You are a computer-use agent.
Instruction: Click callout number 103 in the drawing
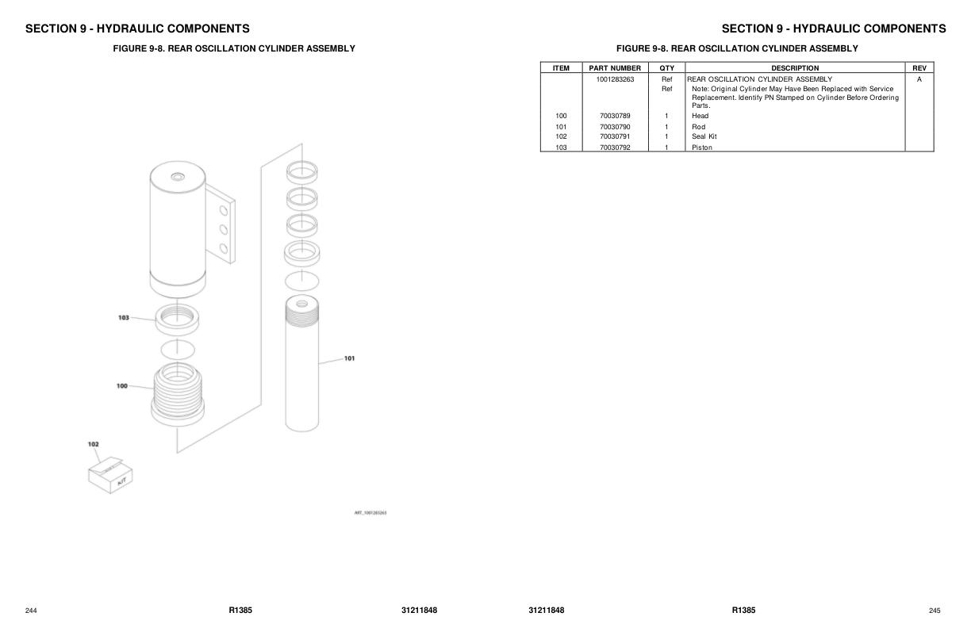(x=123, y=317)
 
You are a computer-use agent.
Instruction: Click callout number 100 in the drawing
(x=121, y=386)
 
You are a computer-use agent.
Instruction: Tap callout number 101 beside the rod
(x=349, y=358)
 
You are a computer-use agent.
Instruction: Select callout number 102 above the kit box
(x=93, y=445)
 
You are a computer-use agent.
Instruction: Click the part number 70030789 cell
(x=615, y=116)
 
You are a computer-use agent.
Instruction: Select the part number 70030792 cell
(x=615, y=147)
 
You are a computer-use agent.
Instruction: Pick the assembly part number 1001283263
(x=615, y=79)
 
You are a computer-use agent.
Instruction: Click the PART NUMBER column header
(x=615, y=68)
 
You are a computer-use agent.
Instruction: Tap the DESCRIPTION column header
(x=795, y=68)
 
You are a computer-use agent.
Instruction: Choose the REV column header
(x=919, y=68)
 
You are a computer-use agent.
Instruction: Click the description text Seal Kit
(x=704, y=136)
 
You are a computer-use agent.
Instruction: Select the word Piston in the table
(x=702, y=147)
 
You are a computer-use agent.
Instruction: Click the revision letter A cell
(x=919, y=79)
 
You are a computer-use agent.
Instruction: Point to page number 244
(x=32, y=611)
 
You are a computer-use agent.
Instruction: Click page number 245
(x=935, y=611)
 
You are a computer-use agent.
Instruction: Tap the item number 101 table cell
(x=561, y=127)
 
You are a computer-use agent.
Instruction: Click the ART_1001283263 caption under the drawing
(x=370, y=513)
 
